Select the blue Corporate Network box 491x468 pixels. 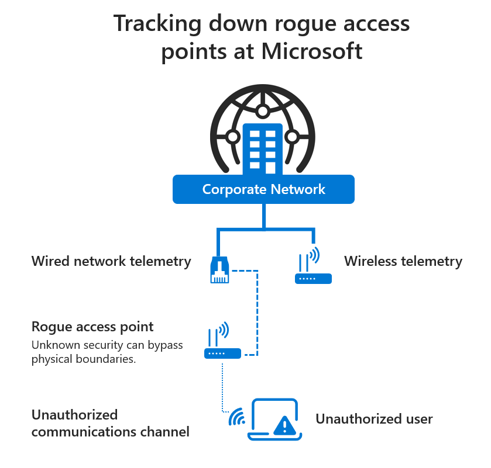click(263, 189)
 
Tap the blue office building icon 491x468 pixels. click(263, 150)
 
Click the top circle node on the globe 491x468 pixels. click(263, 110)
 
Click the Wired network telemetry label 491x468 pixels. click(111, 261)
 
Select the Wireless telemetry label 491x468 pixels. click(403, 261)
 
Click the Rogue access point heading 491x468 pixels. click(92, 327)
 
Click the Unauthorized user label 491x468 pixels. click(374, 419)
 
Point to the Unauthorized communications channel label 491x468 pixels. click(110, 424)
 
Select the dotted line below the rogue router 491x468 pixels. click(222, 386)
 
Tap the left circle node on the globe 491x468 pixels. click(233, 137)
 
